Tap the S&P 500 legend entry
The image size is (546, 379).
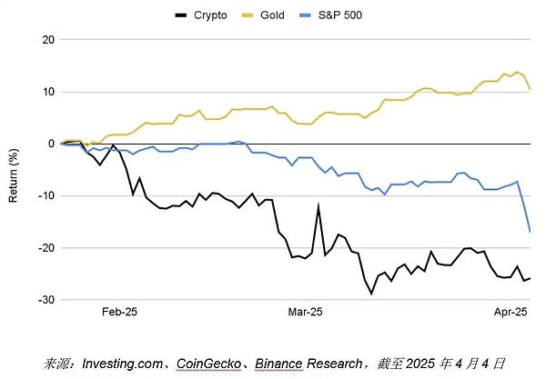339,15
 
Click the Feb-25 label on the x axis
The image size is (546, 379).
119,313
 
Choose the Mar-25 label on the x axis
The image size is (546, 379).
306,313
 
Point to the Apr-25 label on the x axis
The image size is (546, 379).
510,313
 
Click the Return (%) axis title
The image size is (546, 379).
15,170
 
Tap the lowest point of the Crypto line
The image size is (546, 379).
371,294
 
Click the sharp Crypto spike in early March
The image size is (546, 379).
318,205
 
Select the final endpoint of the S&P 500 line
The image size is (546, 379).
531,232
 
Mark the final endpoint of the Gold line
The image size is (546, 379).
531,89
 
